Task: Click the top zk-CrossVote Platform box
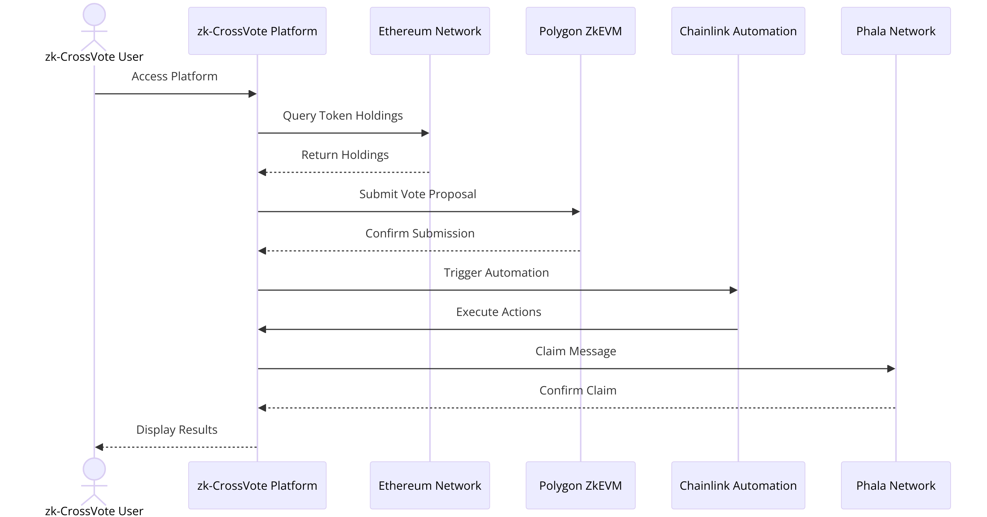point(257,31)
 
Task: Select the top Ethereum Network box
point(429,31)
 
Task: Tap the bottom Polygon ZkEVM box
point(580,485)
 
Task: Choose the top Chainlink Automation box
point(738,31)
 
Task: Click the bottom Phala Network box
point(895,485)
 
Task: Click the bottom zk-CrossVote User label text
point(94,511)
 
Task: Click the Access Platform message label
point(174,76)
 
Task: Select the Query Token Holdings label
point(342,116)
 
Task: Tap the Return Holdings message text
point(345,155)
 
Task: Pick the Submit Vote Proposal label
point(418,194)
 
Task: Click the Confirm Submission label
point(420,233)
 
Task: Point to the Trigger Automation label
point(496,272)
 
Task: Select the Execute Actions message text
point(499,312)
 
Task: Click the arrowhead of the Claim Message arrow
point(891,369)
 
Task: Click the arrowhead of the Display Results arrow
point(99,447)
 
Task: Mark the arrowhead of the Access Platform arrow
point(252,94)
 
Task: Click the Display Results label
point(177,429)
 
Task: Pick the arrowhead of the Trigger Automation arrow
point(733,290)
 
